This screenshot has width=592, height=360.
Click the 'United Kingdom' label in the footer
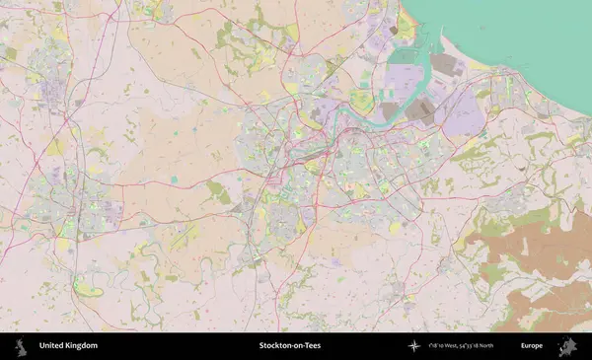click(68, 346)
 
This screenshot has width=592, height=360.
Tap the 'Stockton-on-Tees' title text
click(289, 346)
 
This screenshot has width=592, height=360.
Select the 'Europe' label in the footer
click(532, 346)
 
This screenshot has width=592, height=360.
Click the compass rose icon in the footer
click(414, 346)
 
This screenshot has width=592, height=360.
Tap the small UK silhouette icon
click(19, 346)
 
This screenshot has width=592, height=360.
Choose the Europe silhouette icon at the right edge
click(568, 346)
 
